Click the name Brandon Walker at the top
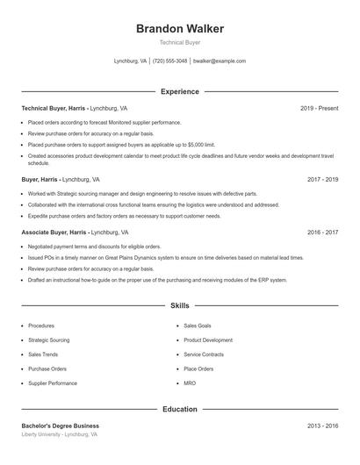(x=179, y=28)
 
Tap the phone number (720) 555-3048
(x=169, y=61)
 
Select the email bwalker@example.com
(x=219, y=61)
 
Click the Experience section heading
(x=179, y=91)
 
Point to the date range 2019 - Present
(x=319, y=108)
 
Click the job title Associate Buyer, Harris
(x=54, y=232)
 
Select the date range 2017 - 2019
(x=322, y=179)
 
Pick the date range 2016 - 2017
(x=322, y=232)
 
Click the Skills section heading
(x=179, y=306)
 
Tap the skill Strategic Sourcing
(x=48, y=340)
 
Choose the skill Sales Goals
(x=197, y=325)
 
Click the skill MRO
(x=190, y=383)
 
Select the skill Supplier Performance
(x=52, y=383)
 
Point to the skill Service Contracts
(x=204, y=354)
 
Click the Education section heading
(x=179, y=409)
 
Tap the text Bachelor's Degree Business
(x=60, y=426)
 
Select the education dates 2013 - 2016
(x=322, y=426)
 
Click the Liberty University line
(x=59, y=434)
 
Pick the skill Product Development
(x=208, y=340)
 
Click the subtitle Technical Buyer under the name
(x=179, y=43)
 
